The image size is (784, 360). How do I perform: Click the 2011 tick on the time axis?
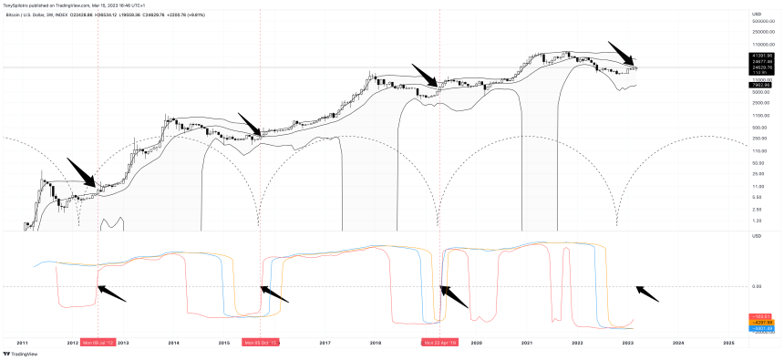coord(23,343)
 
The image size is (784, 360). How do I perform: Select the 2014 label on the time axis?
coord(173,343)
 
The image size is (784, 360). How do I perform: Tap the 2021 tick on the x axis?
coord(526,343)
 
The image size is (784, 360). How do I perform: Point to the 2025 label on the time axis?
coord(727,343)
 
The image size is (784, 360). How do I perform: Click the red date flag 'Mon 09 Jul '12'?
coord(98,343)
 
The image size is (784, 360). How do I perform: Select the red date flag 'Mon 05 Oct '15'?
coord(260,343)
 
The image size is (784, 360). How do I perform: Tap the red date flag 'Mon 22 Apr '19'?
coord(439,343)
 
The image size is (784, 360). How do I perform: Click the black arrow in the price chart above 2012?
coord(81,171)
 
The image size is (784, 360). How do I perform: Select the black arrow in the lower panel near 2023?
coord(646,293)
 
